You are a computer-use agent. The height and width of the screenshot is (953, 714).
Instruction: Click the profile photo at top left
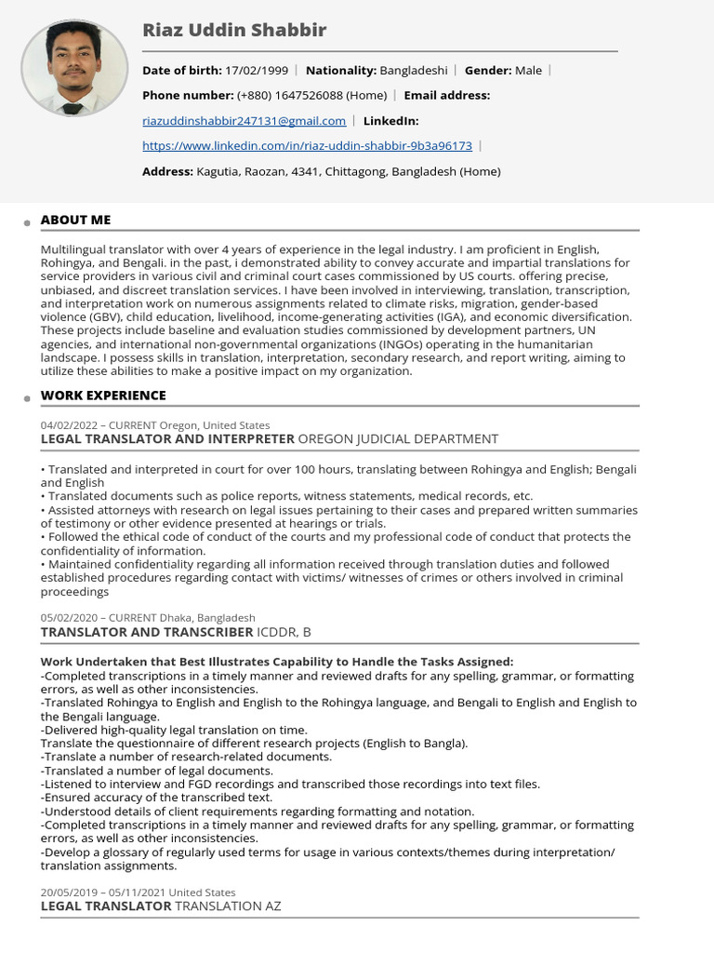(73, 69)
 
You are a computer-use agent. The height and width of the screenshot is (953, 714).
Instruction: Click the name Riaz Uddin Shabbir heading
(234, 31)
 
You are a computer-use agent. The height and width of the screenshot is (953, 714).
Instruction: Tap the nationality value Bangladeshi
(414, 70)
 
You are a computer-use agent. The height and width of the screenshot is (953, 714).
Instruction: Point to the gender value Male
(528, 70)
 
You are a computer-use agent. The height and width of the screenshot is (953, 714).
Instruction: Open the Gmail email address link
(244, 120)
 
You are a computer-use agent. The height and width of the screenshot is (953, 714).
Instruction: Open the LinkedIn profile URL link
(307, 145)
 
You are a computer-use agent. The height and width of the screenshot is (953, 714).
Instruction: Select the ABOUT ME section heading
(75, 220)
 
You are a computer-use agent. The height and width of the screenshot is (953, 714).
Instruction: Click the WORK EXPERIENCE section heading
(103, 396)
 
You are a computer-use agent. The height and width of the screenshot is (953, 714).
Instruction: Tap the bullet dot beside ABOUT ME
(28, 223)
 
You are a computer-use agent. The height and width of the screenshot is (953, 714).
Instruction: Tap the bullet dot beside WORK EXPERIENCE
(28, 399)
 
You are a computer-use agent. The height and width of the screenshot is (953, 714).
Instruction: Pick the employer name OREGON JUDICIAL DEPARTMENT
(398, 438)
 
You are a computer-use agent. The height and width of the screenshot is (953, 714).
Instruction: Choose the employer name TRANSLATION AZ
(228, 906)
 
